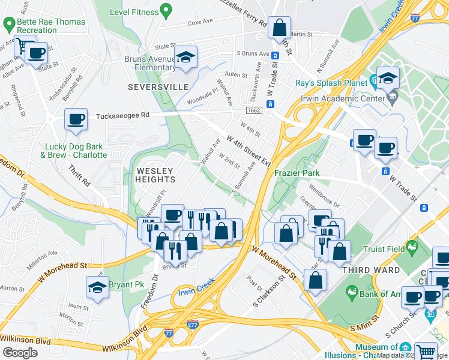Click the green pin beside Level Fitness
(164, 10)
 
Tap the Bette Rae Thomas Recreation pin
(9, 25)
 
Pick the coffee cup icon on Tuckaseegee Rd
(76, 119)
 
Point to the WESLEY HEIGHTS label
(156, 175)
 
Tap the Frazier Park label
(312, 173)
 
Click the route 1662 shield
(253, 110)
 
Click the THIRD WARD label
(371, 270)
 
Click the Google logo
(20, 352)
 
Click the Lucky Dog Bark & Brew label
(73, 151)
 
